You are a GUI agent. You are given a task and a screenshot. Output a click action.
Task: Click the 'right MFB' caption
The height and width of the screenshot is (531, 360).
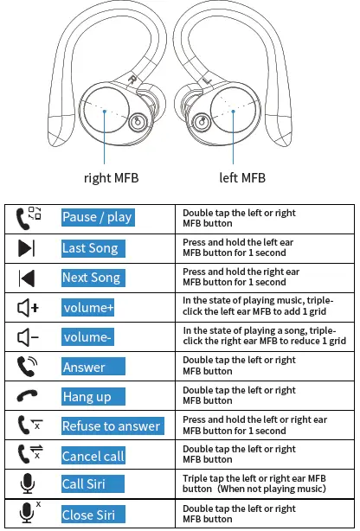pos(110,178)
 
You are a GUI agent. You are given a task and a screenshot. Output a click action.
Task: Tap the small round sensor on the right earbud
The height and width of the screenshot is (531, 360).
pos(136,123)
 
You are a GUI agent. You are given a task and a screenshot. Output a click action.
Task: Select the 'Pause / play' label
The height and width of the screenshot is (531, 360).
pos(97,217)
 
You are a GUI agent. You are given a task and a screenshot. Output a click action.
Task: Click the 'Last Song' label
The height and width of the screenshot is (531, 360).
pos(90,248)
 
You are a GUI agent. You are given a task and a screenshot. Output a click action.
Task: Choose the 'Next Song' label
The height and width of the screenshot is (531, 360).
pos(91,278)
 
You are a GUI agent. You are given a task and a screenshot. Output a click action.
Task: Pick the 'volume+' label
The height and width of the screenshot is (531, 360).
pos(89,308)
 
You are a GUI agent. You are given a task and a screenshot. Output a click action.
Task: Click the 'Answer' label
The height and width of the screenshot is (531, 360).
pos(84,367)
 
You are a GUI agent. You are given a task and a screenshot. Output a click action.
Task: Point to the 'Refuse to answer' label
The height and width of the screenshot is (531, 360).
pos(111,425)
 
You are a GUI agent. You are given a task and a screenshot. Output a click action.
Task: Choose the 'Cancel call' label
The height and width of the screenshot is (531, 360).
pos(93,456)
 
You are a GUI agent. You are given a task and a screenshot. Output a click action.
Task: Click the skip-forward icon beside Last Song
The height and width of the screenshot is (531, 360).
pos(27,249)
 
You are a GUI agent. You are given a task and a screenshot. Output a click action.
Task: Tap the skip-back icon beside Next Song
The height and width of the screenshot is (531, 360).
pos(27,278)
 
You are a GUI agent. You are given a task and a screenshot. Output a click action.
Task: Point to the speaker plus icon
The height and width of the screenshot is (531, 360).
pos(29,308)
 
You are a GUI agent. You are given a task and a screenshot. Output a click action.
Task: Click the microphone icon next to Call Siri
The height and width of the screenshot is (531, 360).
pos(26,484)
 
